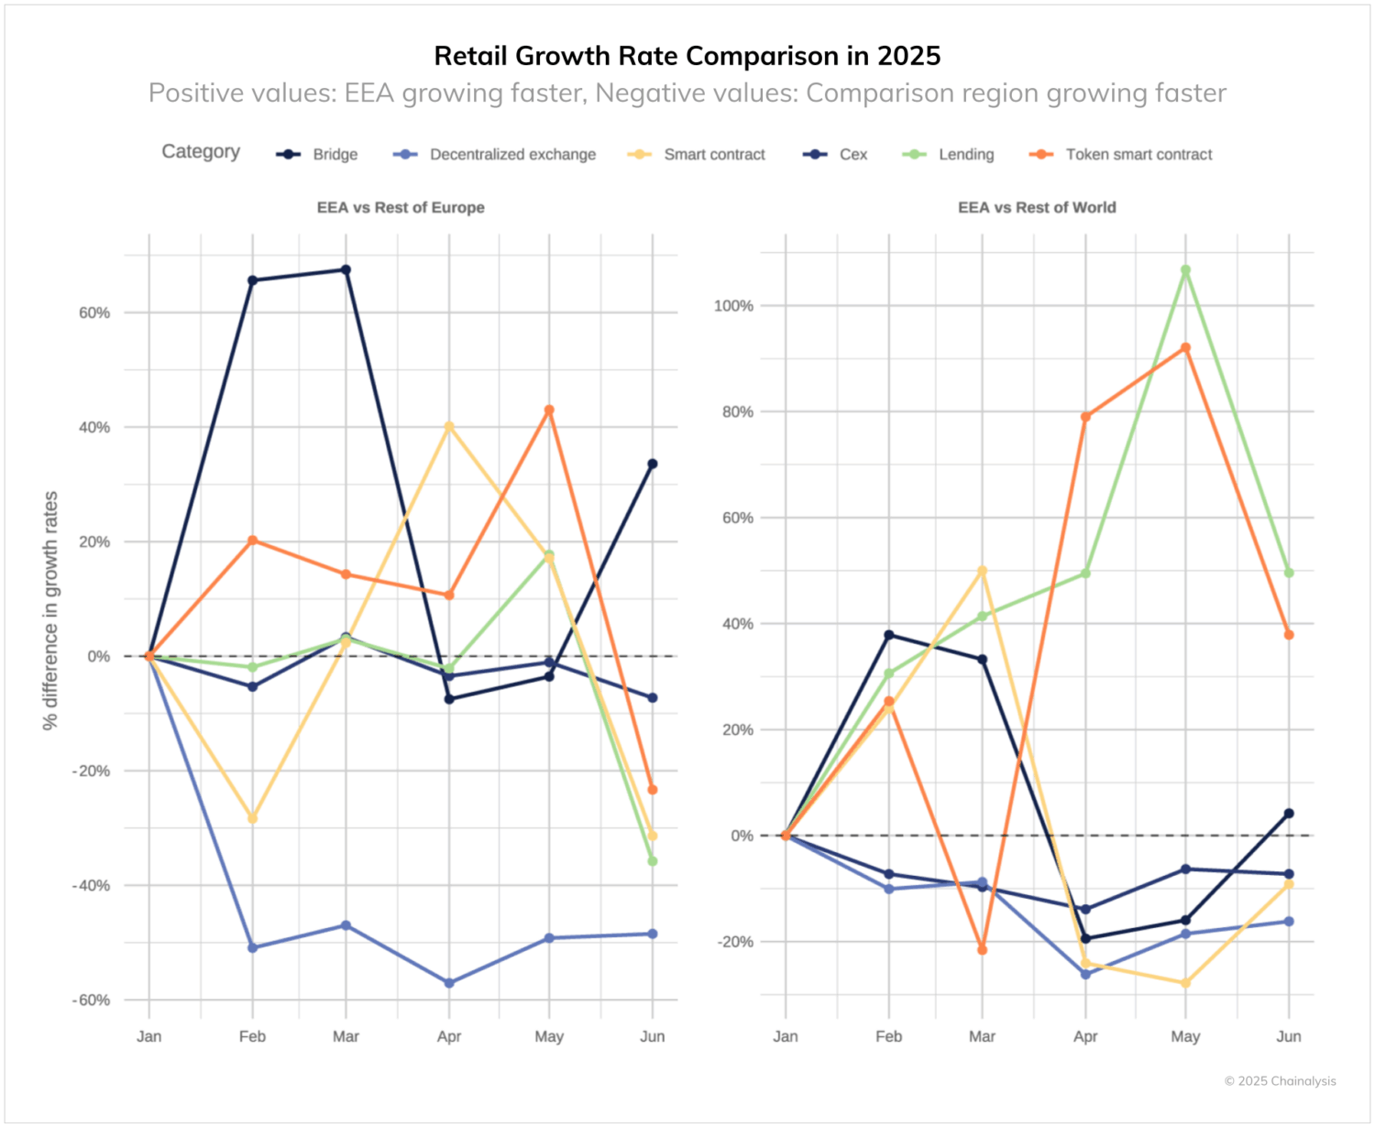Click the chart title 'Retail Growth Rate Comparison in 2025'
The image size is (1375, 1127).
(x=687, y=56)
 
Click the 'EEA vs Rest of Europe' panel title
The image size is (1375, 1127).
(x=401, y=207)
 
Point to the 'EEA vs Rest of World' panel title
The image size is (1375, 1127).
(x=1037, y=207)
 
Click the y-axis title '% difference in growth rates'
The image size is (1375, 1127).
(x=50, y=610)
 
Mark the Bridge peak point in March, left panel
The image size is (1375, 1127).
(x=346, y=270)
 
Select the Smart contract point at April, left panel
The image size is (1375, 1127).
(x=449, y=427)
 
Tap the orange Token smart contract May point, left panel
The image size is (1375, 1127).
(x=549, y=410)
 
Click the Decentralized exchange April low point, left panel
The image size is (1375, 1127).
(x=449, y=983)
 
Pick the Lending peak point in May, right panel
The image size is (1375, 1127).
(x=1185, y=270)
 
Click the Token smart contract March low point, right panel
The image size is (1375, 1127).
(x=982, y=950)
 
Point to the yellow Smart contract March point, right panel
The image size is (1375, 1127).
(x=982, y=571)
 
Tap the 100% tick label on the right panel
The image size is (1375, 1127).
(x=733, y=306)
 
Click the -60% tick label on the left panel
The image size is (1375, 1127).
(x=91, y=1000)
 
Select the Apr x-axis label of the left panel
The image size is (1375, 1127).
(x=449, y=1036)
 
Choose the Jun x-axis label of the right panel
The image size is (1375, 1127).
(x=1288, y=1036)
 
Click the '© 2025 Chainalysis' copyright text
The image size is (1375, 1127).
(x=1280, y=1081)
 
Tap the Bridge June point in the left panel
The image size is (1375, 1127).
(x=652, y=465)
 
